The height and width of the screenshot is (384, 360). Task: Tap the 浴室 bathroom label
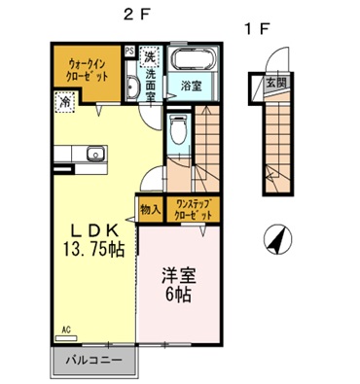(190, 87)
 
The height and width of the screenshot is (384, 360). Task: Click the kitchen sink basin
(94, 155)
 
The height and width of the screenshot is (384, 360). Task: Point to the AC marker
(68, 330)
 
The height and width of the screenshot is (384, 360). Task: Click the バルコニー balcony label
(92, 361)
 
